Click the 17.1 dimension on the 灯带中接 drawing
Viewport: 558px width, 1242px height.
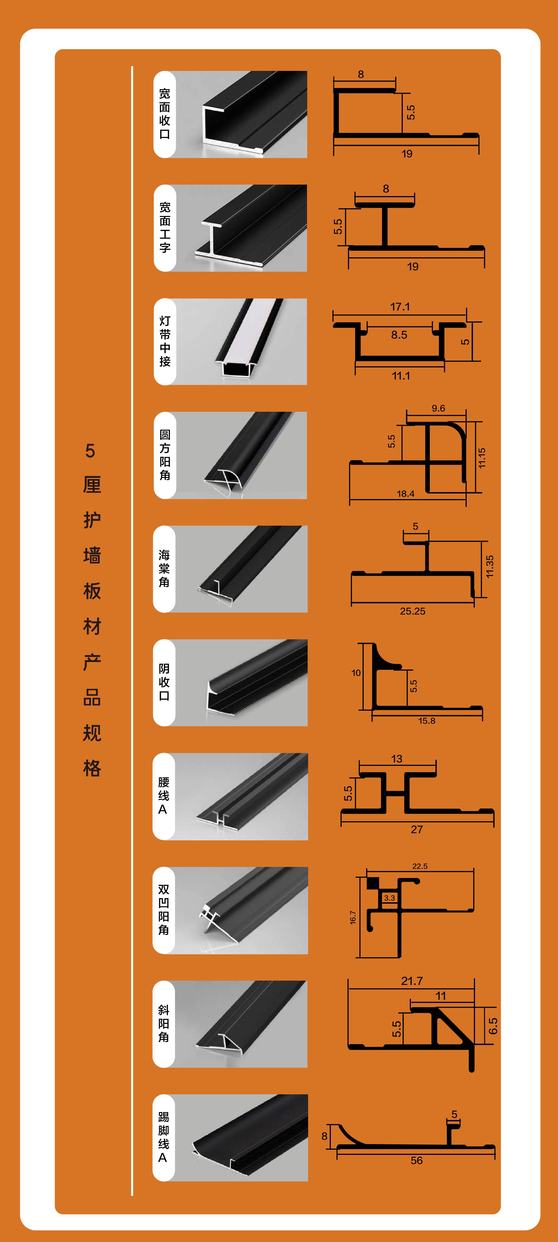coord(400,307)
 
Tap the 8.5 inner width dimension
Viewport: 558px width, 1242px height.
coord(399,335)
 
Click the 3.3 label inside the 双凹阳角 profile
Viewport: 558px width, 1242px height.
coord(389,898)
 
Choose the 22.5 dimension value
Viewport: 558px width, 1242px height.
coord(420,866)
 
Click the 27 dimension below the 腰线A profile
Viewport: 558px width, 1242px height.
coord(417,829)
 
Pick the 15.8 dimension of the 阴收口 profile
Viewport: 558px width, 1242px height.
coord(426,720)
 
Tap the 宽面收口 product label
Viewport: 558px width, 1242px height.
coord(164,114)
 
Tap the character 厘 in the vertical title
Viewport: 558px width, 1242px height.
coord(92,484)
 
